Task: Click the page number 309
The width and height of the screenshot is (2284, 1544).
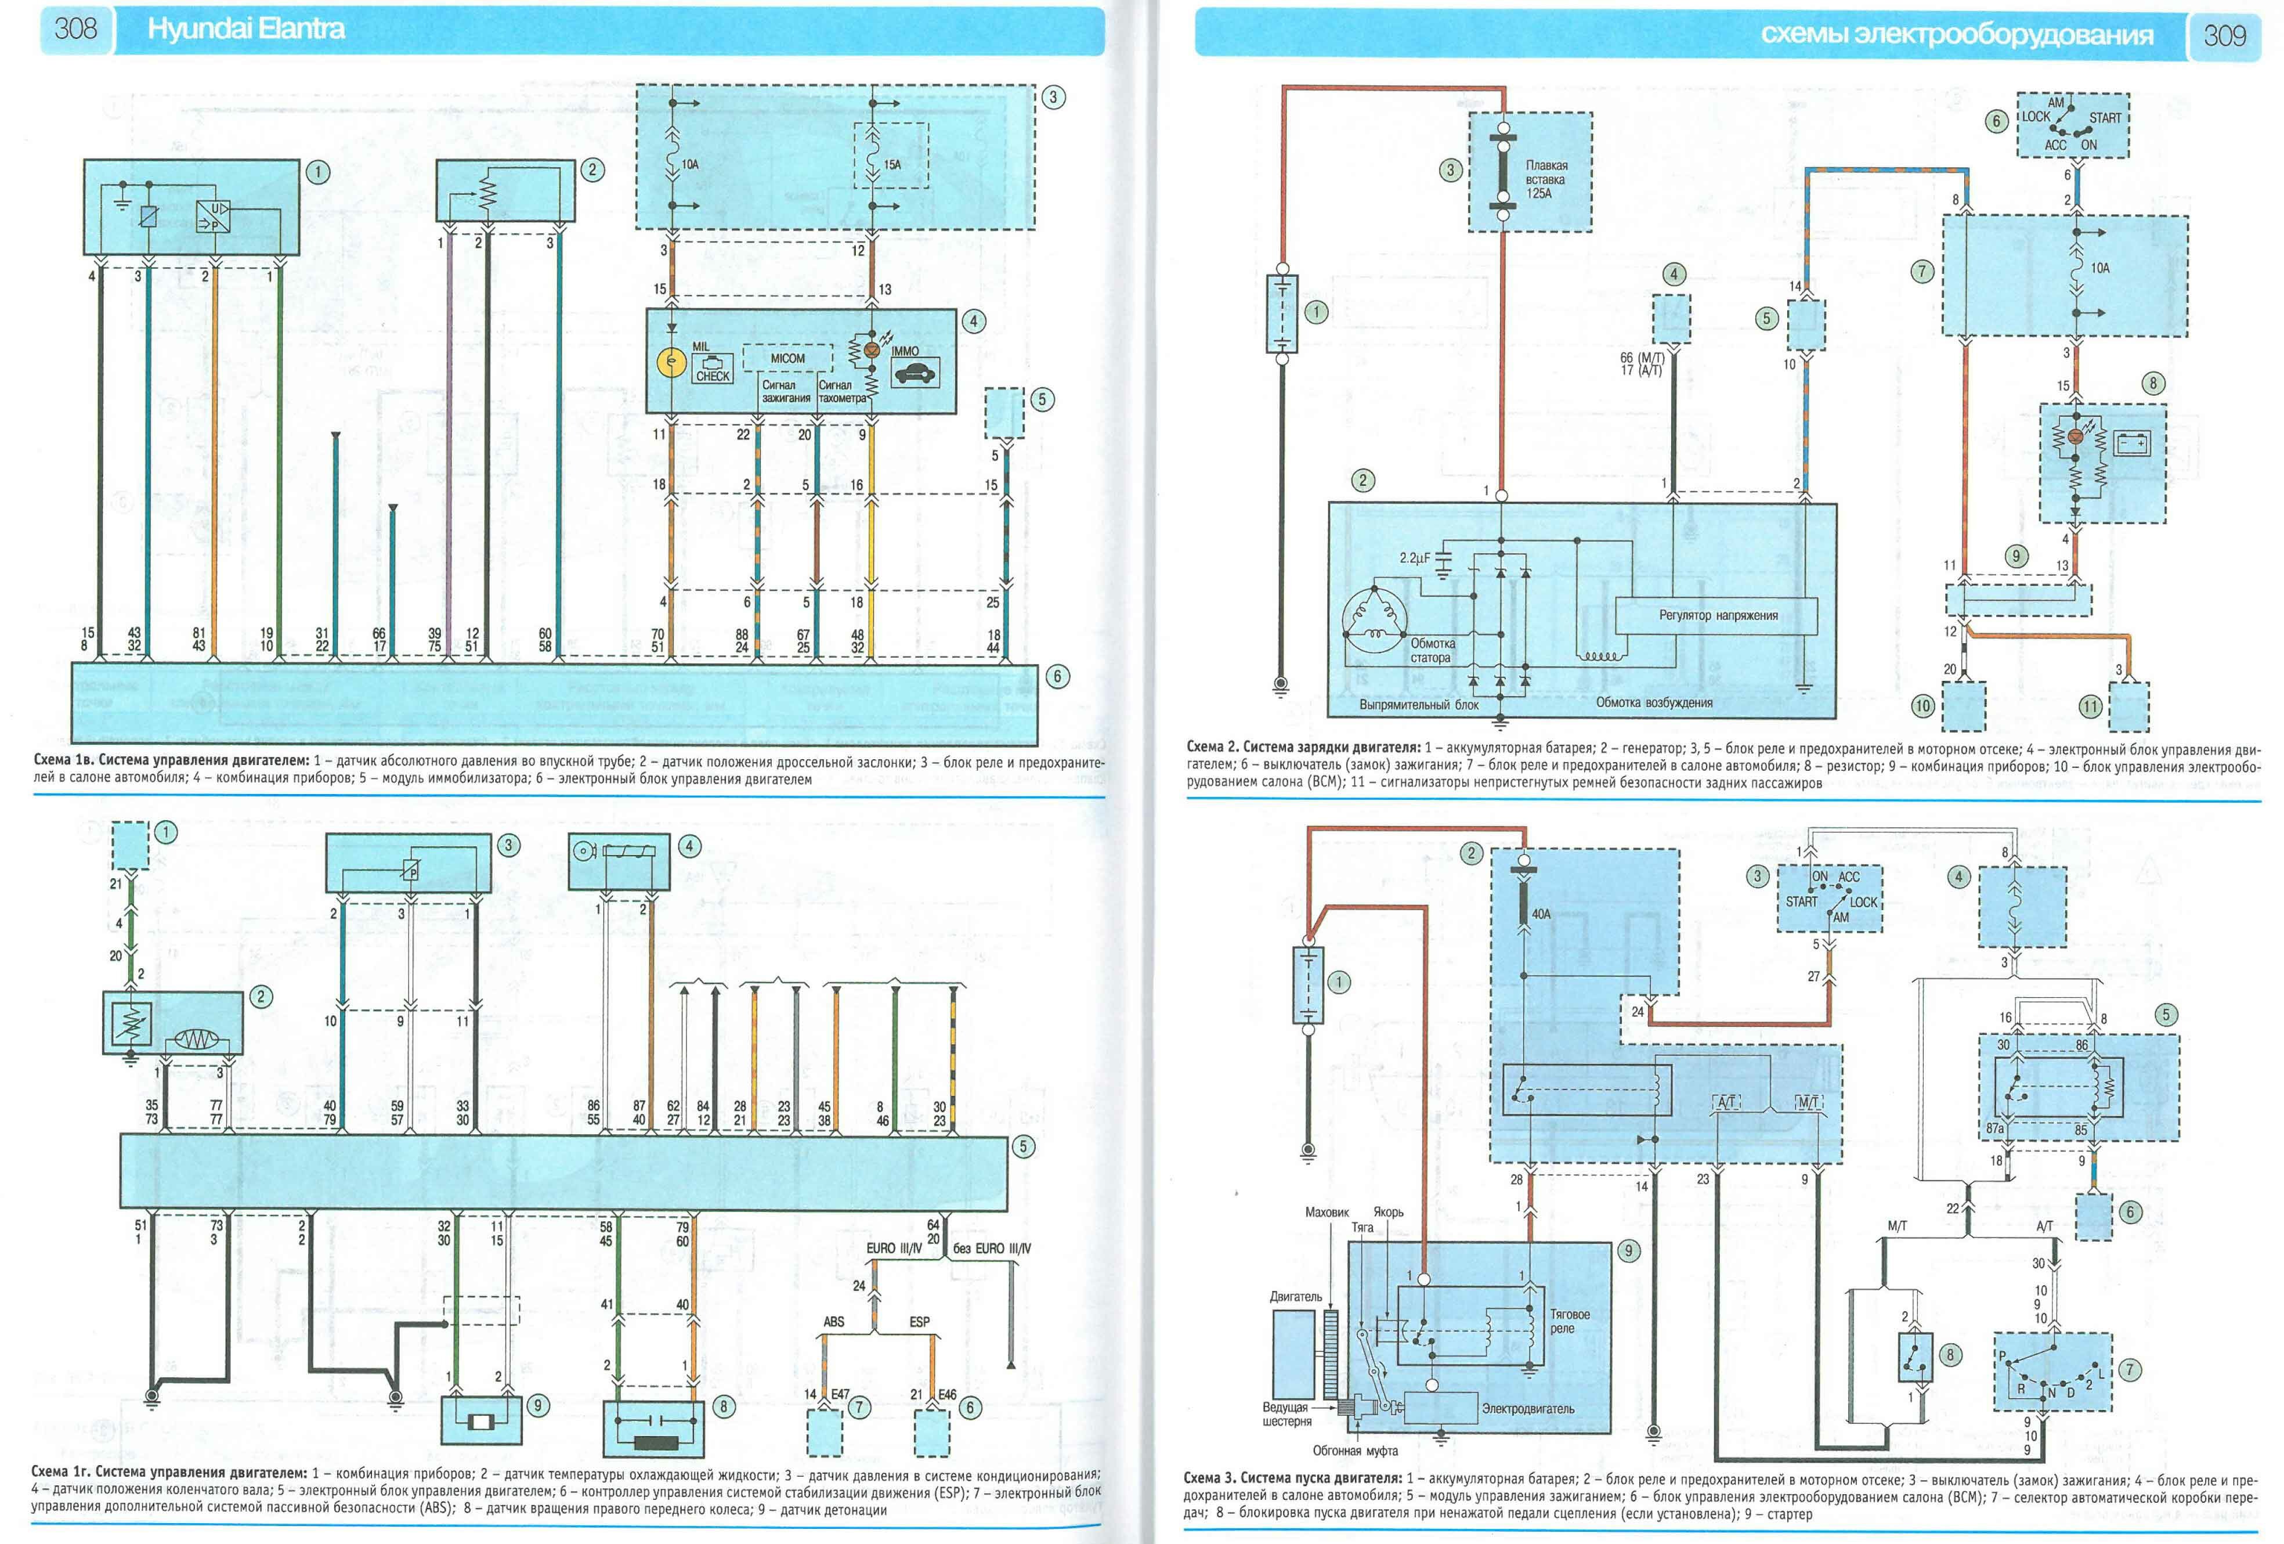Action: tap(2224, 35)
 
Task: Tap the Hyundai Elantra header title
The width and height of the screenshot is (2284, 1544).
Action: tap(245, 30)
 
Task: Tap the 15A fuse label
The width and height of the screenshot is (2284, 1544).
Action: tap(891, 165)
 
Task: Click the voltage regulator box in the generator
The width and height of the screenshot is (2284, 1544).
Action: tap(1718, 615)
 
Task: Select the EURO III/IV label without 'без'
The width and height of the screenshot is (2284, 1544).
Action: tap(894, 1248)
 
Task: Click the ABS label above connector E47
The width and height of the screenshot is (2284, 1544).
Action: tap(833, 1322)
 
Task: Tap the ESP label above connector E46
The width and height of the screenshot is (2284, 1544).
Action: tap(919, 1322)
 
